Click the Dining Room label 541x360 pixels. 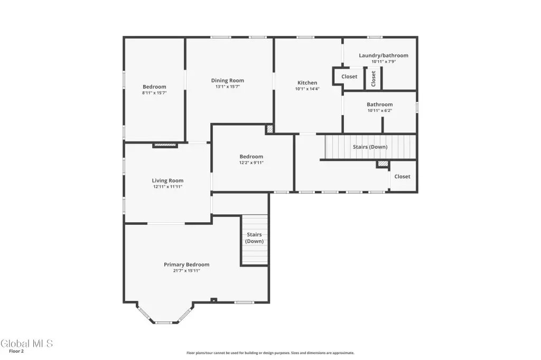[x=227, y=80]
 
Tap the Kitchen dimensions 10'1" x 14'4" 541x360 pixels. [x=307, y=89]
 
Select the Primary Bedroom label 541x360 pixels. [x=186, y=264]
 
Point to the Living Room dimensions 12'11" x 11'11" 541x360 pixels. [x=167, y=186]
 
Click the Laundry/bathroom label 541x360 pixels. [x=384, y=55]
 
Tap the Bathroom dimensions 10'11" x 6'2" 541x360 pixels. [x=379, y=111]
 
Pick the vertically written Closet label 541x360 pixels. [x=374, y=79]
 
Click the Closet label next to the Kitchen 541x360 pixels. [x=349, y=77]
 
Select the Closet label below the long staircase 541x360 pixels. [x=402, y=176]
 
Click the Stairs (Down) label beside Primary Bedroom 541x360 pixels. [x=254, y=238]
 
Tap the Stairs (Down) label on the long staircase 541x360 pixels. [x=370, y=147]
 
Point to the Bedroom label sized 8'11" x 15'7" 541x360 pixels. [x=154, y=87]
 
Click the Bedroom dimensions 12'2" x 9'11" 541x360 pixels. [x=251, y=163]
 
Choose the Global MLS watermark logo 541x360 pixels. [x=26, y=344]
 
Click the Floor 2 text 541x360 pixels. [x=16, y=352]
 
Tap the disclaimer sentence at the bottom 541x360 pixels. [x=270, y=353]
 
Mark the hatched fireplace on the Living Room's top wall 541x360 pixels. [x=165, y=145]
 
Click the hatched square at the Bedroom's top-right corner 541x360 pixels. [x=270, y=129]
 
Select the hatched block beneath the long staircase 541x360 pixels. [x=383, y=164]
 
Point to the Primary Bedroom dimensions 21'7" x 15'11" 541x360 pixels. [x=186, y=271]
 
